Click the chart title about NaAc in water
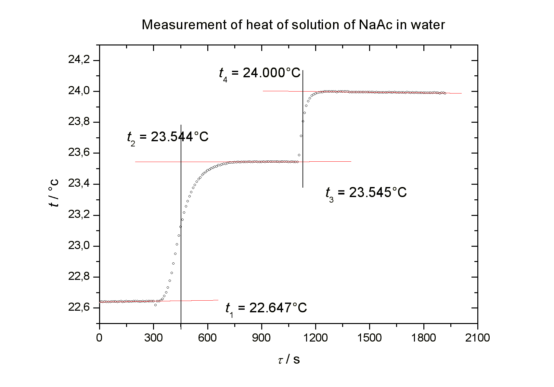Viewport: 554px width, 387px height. (293, 25)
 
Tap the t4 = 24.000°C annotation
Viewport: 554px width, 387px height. (260, 73)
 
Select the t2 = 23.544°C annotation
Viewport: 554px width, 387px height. (168, 137)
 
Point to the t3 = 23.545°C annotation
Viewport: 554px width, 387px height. (366, 193)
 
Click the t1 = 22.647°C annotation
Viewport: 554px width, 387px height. (266, 308)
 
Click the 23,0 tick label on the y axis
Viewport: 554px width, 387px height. (79, 246)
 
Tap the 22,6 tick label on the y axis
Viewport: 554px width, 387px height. (79, 307)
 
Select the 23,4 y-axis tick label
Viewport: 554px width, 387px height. (79, 184)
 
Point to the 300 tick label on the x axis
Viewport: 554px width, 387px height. (153, 338)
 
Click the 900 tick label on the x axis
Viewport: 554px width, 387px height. (261, 338)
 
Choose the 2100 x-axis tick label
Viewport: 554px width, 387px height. (477, 338)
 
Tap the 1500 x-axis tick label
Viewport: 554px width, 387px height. (369, 338)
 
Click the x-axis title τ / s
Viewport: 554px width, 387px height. (289, 359)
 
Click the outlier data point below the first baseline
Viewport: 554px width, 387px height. (155, 305)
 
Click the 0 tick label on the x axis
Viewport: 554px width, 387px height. (99, 338)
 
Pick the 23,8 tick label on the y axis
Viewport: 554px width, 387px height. (79, 122)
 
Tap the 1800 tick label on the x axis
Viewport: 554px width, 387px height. (423, 338)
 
